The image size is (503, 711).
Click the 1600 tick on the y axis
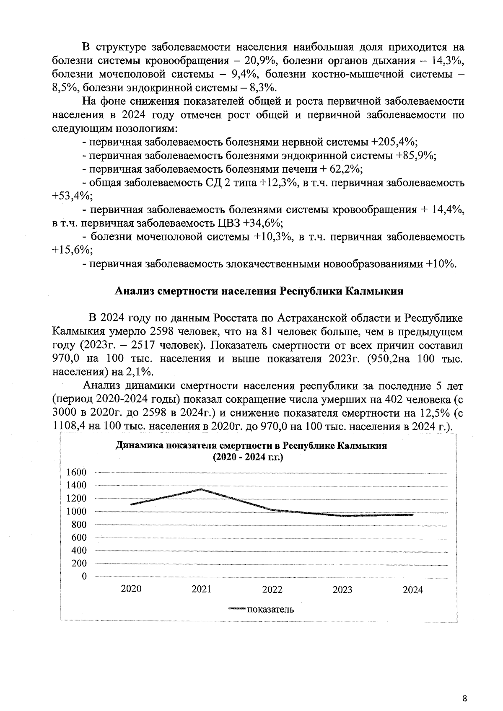[x=77, y=472]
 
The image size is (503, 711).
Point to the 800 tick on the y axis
[x=79, y=524]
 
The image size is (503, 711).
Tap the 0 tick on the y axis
[x=84, y=577]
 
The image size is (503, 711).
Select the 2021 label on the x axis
[x=202, y=589]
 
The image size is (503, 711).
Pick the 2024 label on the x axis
[x=413, y=590]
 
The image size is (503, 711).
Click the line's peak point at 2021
[x=202, y=489]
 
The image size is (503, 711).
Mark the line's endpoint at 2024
[x=413, y=515]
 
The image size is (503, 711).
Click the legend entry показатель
[x=270, y=609]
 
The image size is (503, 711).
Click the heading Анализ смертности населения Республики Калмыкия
[x=259, y=291]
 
